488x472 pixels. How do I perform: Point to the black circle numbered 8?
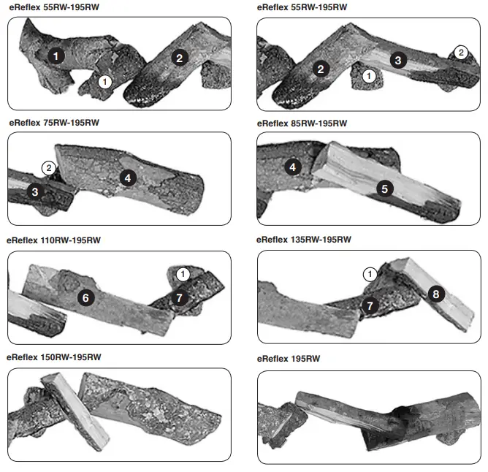[435, 294]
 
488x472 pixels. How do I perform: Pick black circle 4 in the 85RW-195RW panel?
[293, 167]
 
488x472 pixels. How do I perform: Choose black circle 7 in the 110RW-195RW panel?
[180, 297]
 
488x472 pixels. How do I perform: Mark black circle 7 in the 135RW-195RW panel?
[370, 305]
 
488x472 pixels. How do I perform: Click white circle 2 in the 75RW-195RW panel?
[48, 169]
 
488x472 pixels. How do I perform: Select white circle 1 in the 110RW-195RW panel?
[183, 273]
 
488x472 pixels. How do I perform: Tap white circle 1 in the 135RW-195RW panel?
[370, 274]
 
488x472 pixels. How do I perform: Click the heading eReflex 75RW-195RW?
[53, 122]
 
